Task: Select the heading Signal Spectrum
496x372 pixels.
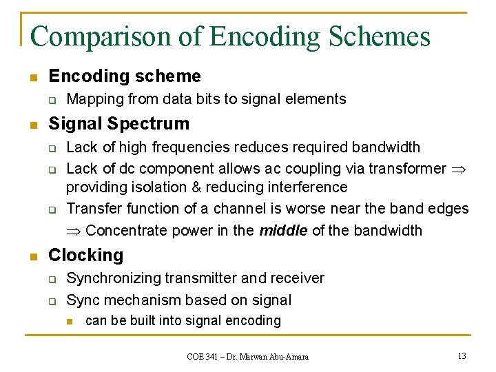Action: (x=118, y=124)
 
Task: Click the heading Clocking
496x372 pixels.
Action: (x=86, y=256)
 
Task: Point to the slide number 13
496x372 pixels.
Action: (x=462, y=355)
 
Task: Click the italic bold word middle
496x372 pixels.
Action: (x=283, y=231)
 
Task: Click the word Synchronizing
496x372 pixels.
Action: (x=116, y=278)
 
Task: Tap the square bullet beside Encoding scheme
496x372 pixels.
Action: (x=32, y=76)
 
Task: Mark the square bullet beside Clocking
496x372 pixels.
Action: (x=32, y=256)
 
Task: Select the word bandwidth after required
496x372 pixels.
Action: (x=386, y=147)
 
